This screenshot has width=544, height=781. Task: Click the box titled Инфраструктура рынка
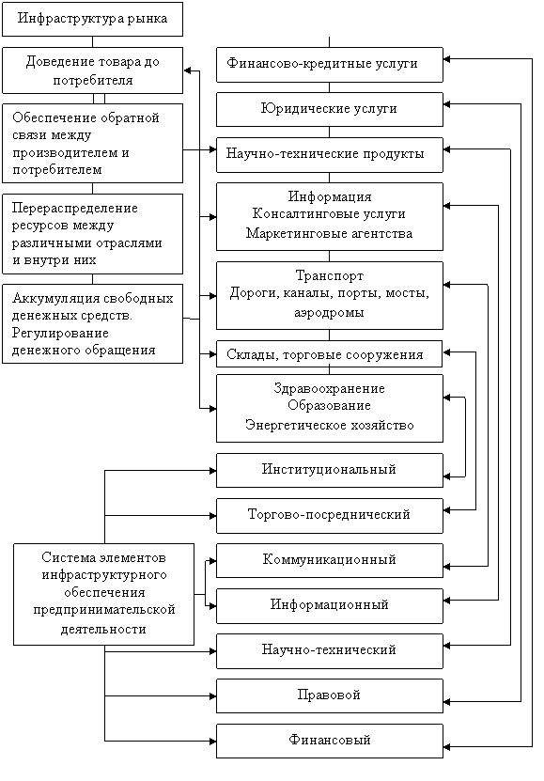[x=93, y=19]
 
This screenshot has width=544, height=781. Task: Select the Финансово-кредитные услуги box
[x=330, y=65]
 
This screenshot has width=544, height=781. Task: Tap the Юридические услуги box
[x=330, y=109]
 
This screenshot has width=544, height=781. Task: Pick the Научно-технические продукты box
[x=330, y=155]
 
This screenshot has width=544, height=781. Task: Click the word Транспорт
[x=330, y=275]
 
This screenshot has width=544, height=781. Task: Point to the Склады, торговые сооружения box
[x=330, y=354]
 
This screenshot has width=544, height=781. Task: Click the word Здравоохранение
[x=330, y=388]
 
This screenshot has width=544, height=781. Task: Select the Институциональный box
[x=330, y=470]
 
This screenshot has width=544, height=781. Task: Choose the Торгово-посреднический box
[x=330, y=516]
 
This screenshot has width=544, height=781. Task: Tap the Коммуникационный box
[x=330, y=561]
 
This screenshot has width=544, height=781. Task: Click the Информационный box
[x=330, y=605]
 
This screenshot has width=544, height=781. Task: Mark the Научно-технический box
[x=330, y=651]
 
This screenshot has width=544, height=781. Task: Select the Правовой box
[x=330, y=695]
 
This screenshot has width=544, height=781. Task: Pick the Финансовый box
[x=330, y=742]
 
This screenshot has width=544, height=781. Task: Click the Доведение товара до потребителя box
[x=93, y=70]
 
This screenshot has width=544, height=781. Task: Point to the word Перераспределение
[x=74, y=209]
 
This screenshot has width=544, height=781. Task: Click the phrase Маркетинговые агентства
[x=330, y=233]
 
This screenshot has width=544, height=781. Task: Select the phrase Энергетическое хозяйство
[x=330, y=425]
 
